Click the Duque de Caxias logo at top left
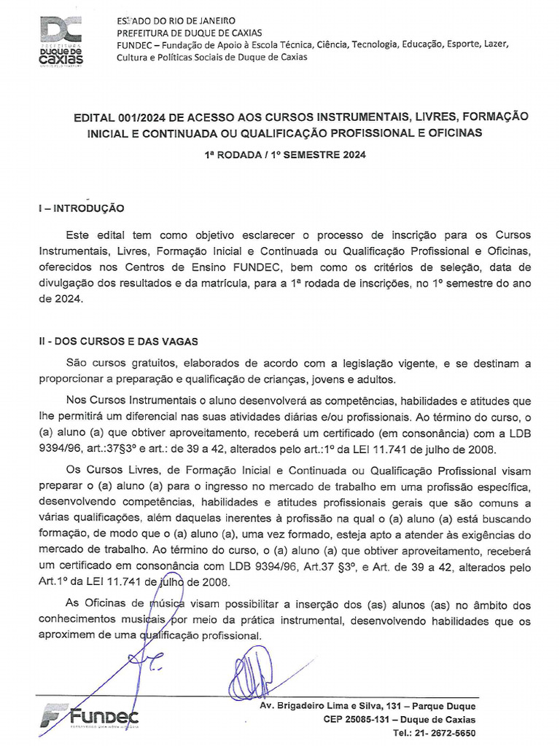pyautogui.click(x=61, y=41)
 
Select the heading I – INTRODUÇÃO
pyautogui.click(x=81, y=208)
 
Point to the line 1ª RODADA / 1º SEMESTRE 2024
pyautogui.click(x=284, y=154)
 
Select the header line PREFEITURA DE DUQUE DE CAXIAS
pyautogui.click(x=190, y=32)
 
